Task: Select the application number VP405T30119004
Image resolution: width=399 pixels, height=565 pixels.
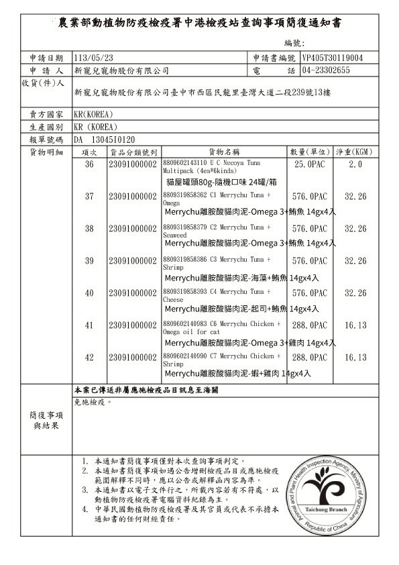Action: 333,58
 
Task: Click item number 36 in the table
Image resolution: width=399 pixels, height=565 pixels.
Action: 89,164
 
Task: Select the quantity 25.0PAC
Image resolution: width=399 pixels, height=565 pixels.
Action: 310,164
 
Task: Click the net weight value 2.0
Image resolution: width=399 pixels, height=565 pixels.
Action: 355,164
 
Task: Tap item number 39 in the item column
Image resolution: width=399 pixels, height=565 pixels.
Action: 89,261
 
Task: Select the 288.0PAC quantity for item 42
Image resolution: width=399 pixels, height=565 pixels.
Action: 310,358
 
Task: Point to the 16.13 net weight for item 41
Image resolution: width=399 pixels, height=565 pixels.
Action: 355,325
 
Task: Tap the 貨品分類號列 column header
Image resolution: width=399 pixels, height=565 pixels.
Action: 134,152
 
